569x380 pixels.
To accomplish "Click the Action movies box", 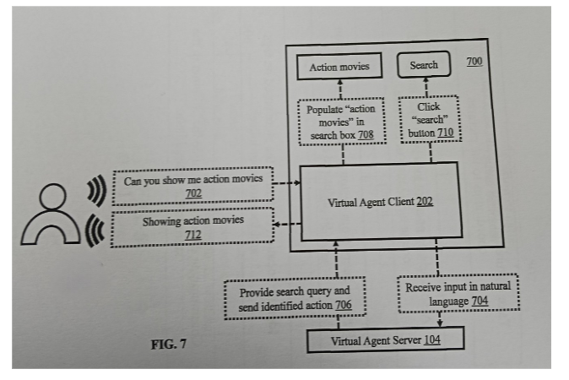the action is click(x=339, y=66).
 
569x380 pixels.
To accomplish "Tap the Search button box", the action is click(x=424, y=65).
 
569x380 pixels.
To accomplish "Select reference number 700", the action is click(x=474, y=62).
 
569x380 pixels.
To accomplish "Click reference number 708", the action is click(x=366, y=134).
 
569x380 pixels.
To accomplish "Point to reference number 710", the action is click(x=446, y=133).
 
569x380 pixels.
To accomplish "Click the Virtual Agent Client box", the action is click(x=380, y=202).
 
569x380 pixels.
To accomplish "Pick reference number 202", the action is click(x=425, y=201).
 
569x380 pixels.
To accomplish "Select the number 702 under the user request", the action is click(x=193, y=193).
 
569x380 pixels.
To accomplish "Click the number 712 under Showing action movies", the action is click(x=193, y=235).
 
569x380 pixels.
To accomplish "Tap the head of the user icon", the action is click(x=53, y=197).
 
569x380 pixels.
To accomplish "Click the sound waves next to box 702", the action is click(x=97, y=190).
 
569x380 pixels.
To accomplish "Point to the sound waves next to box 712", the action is click(x=95, y=231).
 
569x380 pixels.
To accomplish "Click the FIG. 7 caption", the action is click(x=169, y=344).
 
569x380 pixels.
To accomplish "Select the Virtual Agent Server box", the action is click(x=385, y=339).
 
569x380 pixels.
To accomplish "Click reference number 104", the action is click(x=432, y=339).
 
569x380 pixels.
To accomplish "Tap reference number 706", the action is click(x=344, y=305).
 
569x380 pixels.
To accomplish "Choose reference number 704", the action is click(x=480, y=301).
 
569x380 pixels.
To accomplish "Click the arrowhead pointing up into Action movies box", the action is click(x=340, y=82).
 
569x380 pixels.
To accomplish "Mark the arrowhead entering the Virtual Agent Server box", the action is click(x=440, y=323).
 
